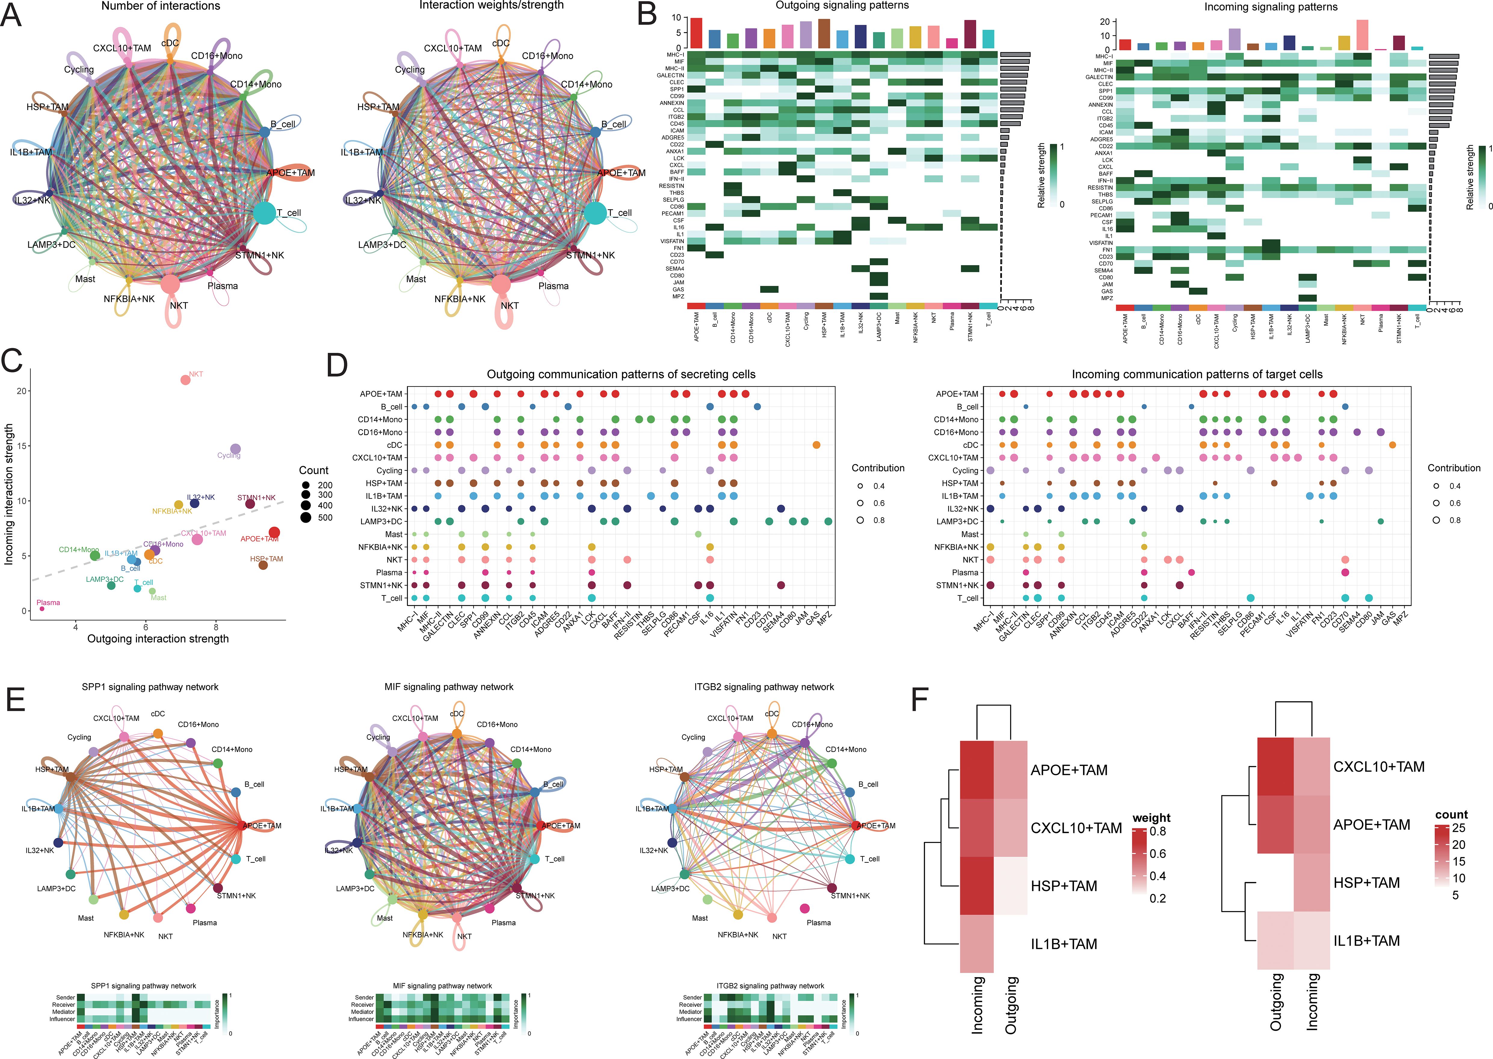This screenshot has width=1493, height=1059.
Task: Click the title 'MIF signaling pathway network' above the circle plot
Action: [x=449, y=687]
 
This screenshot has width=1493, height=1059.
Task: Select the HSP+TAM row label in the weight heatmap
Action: [x=1064, y=886]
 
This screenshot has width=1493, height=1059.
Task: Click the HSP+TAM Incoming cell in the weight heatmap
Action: [x=977, y=886]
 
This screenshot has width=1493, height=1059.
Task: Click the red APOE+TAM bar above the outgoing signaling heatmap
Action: [x=696, y=32]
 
